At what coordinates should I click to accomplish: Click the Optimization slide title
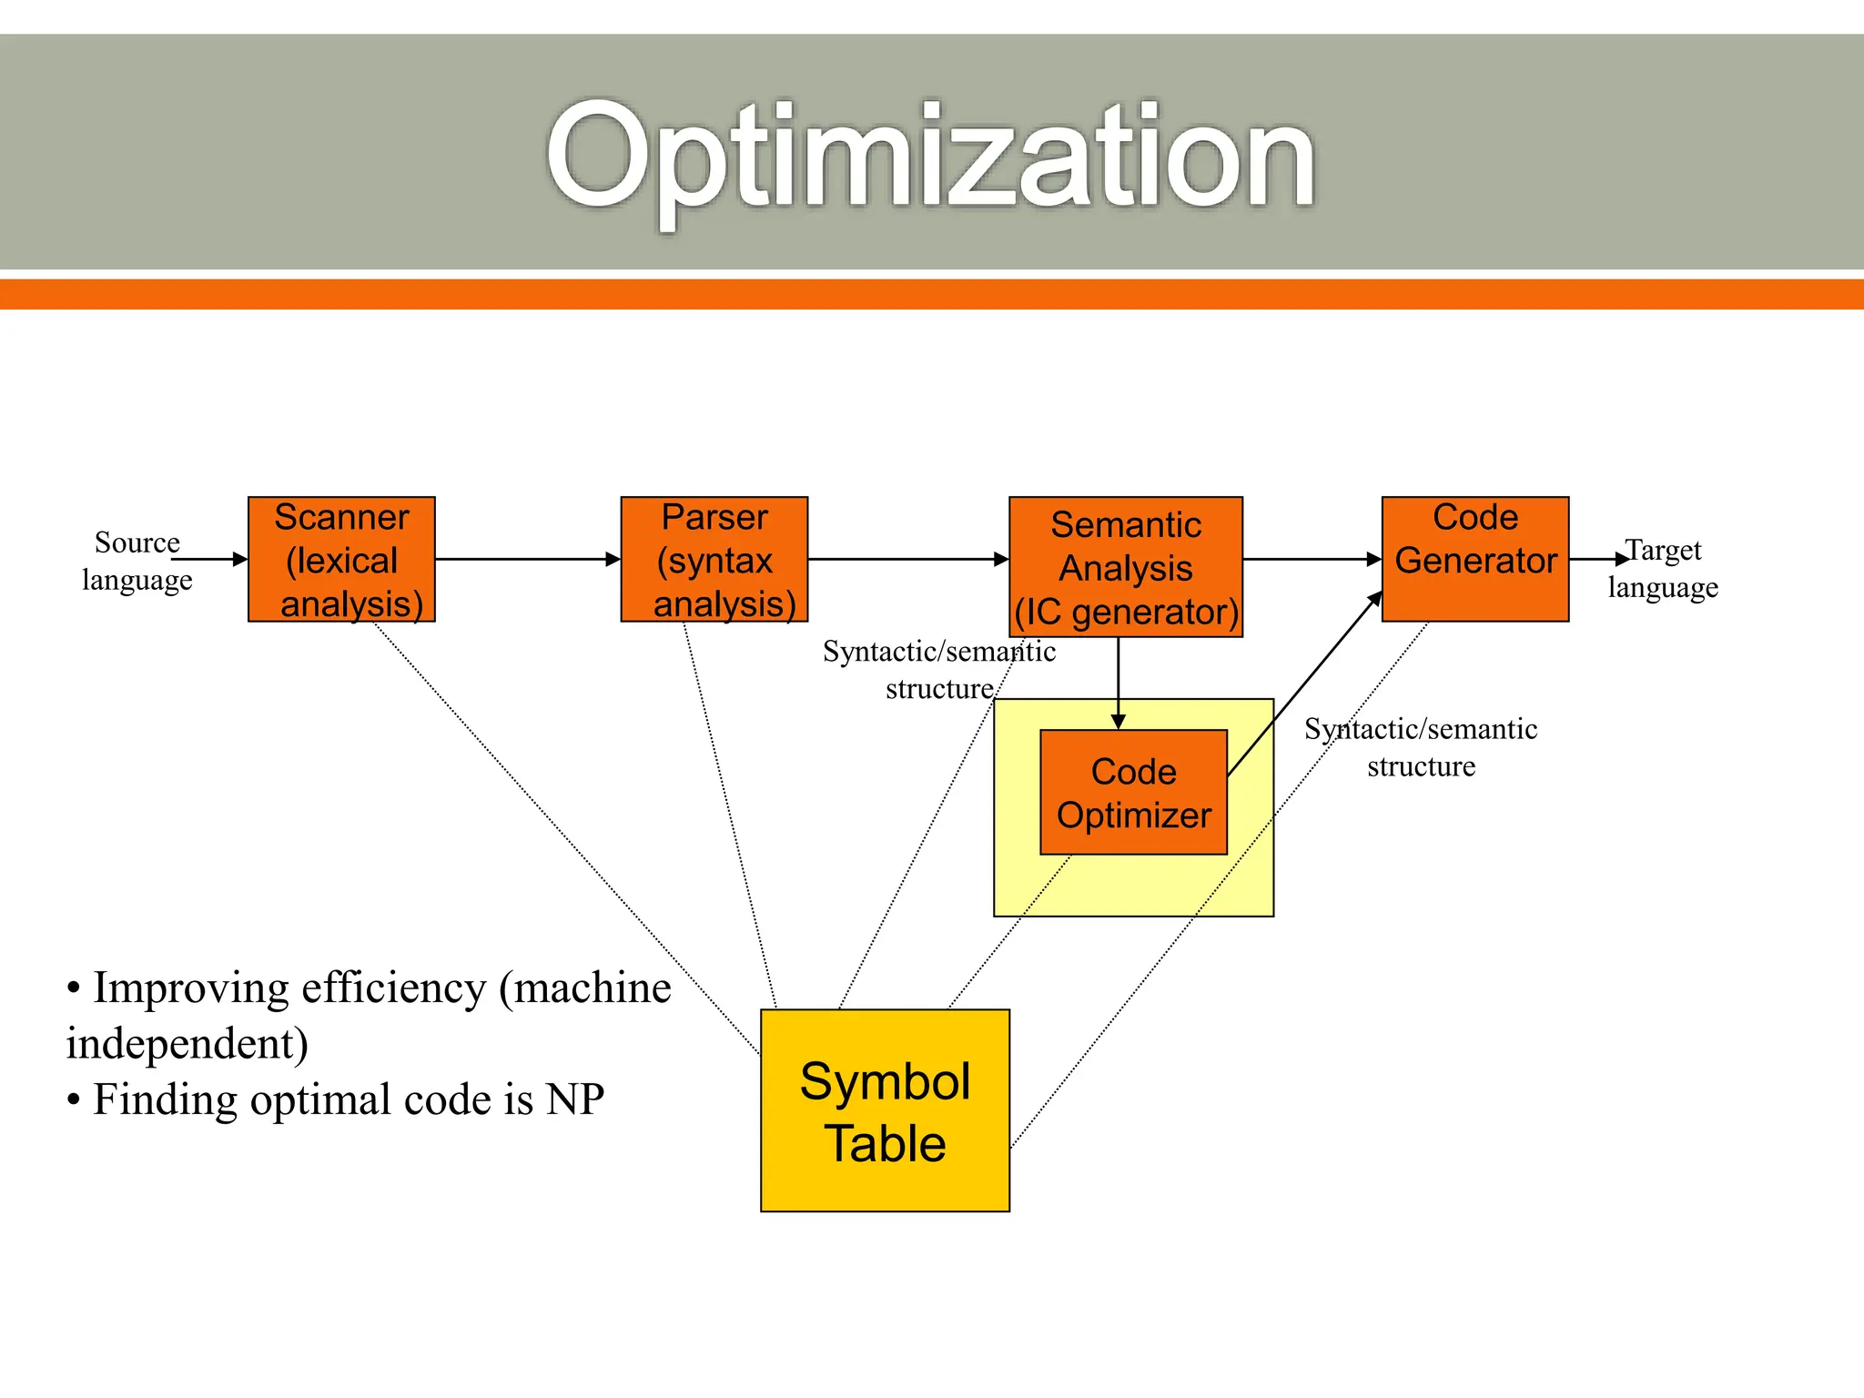tap(930, 157)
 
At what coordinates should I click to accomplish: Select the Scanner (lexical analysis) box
tap(341, 560)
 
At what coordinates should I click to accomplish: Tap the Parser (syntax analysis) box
tap(714, 560)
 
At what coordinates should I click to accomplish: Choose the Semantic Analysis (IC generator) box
tap(1126, 568)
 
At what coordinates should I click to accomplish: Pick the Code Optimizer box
tap(1133, 792)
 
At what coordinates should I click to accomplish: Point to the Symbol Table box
tap(885, 1110)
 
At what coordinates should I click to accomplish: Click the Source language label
tap(137, 561)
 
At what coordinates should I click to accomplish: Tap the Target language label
tap(1663, 568)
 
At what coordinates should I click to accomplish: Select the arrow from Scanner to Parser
tap(528, 559)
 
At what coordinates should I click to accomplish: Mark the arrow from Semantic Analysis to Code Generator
tap(1312, 559)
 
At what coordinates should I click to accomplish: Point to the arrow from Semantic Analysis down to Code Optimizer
tap(1119, 683)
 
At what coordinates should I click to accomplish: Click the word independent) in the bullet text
tap(187, 1044)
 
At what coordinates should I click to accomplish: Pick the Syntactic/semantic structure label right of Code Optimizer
tap(1420, 747)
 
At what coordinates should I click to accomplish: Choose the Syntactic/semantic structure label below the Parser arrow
tap(938, 670)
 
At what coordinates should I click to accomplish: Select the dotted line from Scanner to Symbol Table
tap(564, 837)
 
